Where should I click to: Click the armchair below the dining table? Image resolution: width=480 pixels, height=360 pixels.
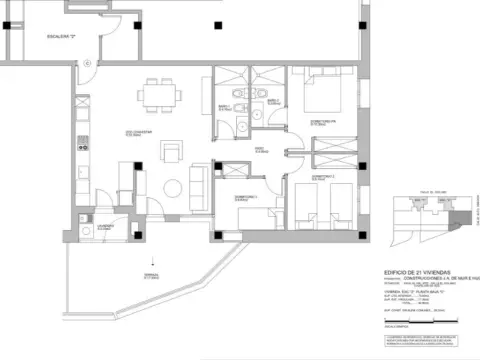coord(173,150)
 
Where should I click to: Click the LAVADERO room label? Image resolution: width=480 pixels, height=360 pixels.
coord(103,227)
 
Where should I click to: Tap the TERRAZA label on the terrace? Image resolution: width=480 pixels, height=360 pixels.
coord(151,276)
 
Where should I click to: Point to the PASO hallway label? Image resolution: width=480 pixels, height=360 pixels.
coord(258,150)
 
